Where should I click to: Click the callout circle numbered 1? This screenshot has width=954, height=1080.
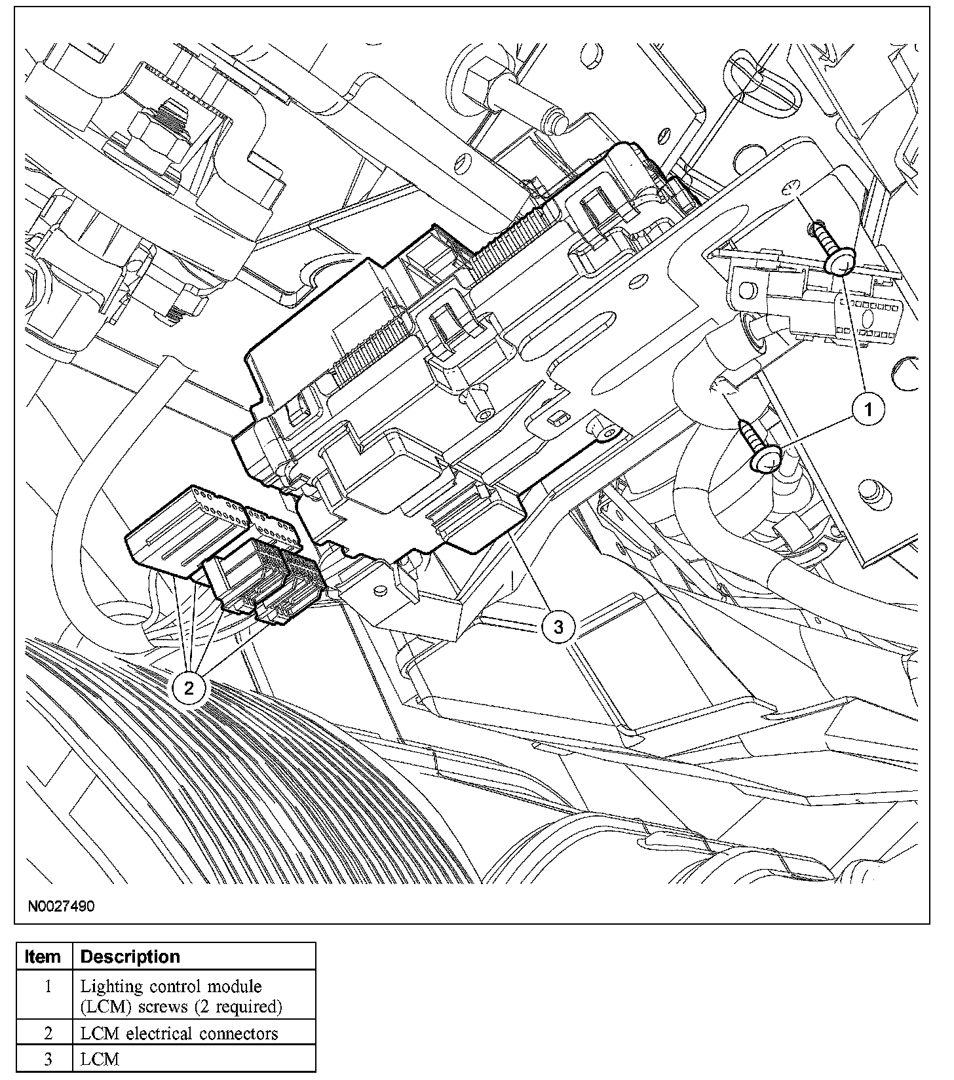point(869,410)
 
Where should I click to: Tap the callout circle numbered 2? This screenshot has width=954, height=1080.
point(189,687)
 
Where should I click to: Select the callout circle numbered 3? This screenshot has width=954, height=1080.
point(558,627)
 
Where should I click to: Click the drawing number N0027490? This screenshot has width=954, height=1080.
point(61,907)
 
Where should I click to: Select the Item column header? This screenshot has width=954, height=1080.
point(43,957)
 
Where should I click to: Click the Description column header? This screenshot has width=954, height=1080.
point(130,957)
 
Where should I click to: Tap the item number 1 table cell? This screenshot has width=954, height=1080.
point(47,986)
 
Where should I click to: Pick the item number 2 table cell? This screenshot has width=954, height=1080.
point(47,1033)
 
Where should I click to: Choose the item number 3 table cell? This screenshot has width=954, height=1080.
point(47,1059)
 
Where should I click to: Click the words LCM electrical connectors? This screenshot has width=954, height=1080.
point(179,1033)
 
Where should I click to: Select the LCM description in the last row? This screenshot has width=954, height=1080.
point(100,1059)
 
